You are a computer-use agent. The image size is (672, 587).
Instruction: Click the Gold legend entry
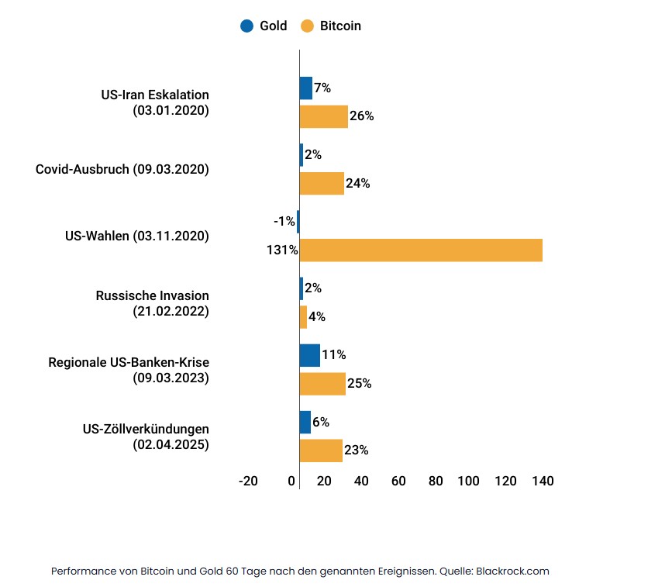264,26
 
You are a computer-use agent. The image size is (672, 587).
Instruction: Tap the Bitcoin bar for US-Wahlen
421,250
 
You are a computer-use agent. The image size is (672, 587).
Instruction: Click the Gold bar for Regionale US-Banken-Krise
310,355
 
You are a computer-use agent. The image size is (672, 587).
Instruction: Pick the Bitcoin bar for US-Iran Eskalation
324,116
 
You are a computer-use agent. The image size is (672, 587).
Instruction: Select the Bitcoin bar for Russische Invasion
303,317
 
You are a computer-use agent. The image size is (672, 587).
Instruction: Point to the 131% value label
282,250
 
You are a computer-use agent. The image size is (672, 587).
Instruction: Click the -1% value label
284,222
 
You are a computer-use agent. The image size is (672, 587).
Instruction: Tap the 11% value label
334,355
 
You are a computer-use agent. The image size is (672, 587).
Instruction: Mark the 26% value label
362,116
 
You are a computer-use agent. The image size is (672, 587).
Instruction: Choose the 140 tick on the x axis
543,481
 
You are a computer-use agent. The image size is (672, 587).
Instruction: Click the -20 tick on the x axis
247,481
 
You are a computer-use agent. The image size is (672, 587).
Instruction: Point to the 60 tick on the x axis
398,481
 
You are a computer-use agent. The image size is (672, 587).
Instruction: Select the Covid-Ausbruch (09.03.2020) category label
122,168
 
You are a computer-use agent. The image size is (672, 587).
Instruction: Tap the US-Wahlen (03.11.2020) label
137,236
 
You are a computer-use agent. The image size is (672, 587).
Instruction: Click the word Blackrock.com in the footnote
512,571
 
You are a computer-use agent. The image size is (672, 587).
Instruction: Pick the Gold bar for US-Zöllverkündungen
305,422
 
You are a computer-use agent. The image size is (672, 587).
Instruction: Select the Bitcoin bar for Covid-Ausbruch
322,184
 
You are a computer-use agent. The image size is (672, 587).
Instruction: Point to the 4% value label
317,317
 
